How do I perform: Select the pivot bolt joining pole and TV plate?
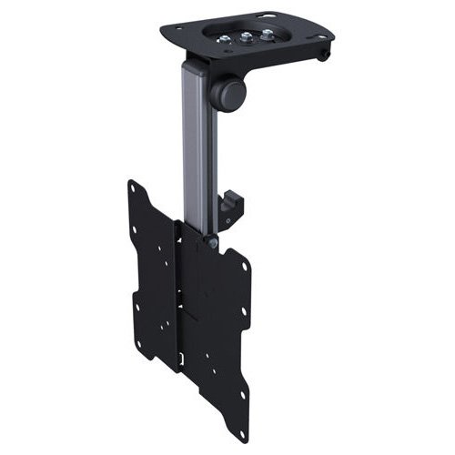point(212,242)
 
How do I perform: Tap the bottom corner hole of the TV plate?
point(244,431)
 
